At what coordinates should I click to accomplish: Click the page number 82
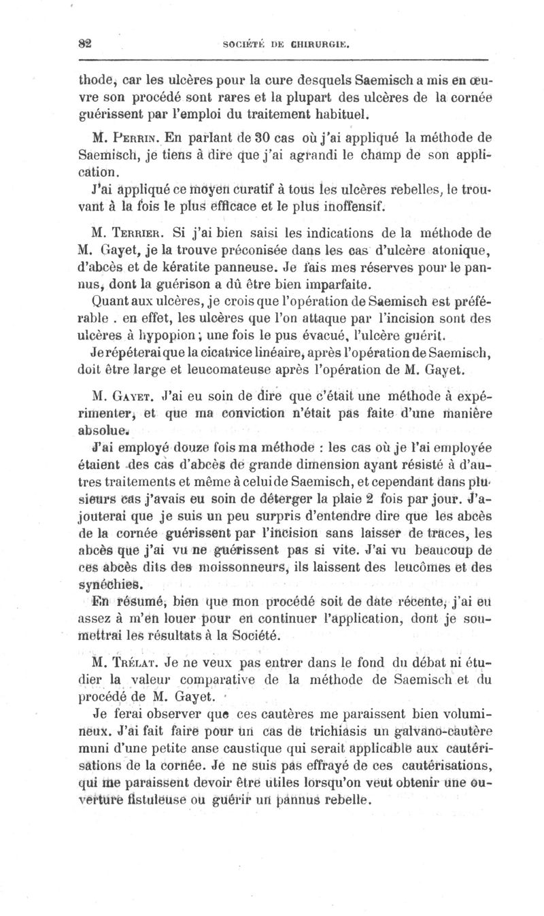pos(84,46)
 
